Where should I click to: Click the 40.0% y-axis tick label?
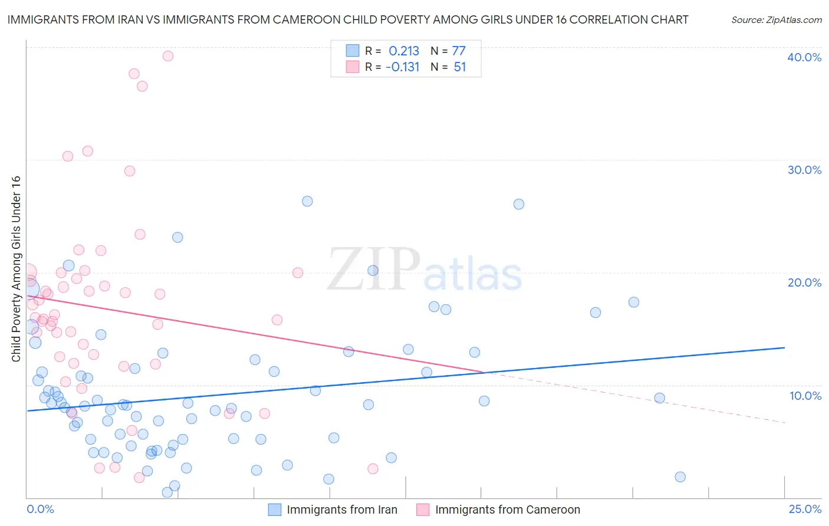click(x=804, y=57)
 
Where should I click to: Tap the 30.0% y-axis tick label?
click(x=804, y=170)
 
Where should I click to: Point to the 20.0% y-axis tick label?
click(x=804, y=282)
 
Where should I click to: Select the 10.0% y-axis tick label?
click(x=805, y=396)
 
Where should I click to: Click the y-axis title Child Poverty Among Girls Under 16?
click(x=16, y=269)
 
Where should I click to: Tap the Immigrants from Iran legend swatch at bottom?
click(x=275, y=509)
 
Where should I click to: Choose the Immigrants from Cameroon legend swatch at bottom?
click(x=423, y=509)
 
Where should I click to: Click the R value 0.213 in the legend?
click(x=404, y=51)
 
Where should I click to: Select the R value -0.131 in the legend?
click(x=402, y=67)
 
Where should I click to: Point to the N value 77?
click(x=459, y=51)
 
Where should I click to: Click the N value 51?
click(x=460, y=67)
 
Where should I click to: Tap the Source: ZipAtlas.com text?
click(x=776, y=20)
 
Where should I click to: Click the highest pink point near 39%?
click(x=168, y=56)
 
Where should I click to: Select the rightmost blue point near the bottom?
click(x=680, y=477)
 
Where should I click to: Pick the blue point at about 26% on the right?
click(x=519, y=204)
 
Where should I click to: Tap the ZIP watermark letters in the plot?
click(x=373, y=269)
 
